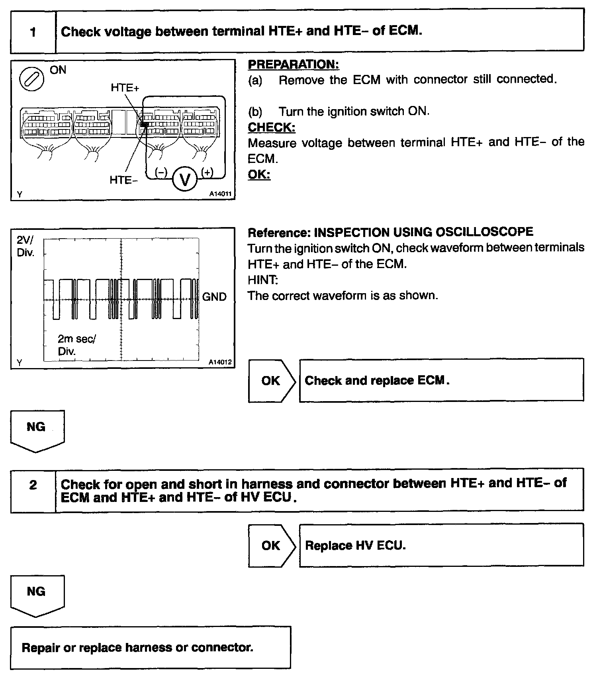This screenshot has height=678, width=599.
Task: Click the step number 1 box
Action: pos(33,32)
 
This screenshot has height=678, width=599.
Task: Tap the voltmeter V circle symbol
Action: pos(185,180)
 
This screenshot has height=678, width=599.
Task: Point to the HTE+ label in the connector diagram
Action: pos(125,88)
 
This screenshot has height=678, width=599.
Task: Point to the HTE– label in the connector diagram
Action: pos(123,180)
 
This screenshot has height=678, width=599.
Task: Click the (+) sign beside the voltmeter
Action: pos(207,172)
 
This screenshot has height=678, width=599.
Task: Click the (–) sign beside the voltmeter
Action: pos(161,172)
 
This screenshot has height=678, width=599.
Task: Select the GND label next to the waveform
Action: pos(214,297)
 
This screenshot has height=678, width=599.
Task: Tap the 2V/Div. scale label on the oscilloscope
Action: pos(25,246)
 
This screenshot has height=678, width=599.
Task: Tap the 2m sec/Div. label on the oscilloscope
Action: pos(76,345)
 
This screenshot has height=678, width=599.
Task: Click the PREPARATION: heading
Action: pos(294,64)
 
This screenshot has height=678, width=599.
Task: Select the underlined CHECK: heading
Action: pos(272,127)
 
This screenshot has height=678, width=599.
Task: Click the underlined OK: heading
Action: pos(259,174)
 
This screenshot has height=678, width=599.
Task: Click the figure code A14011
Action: pos(220,194)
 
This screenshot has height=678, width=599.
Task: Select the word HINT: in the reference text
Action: pos(263,280)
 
